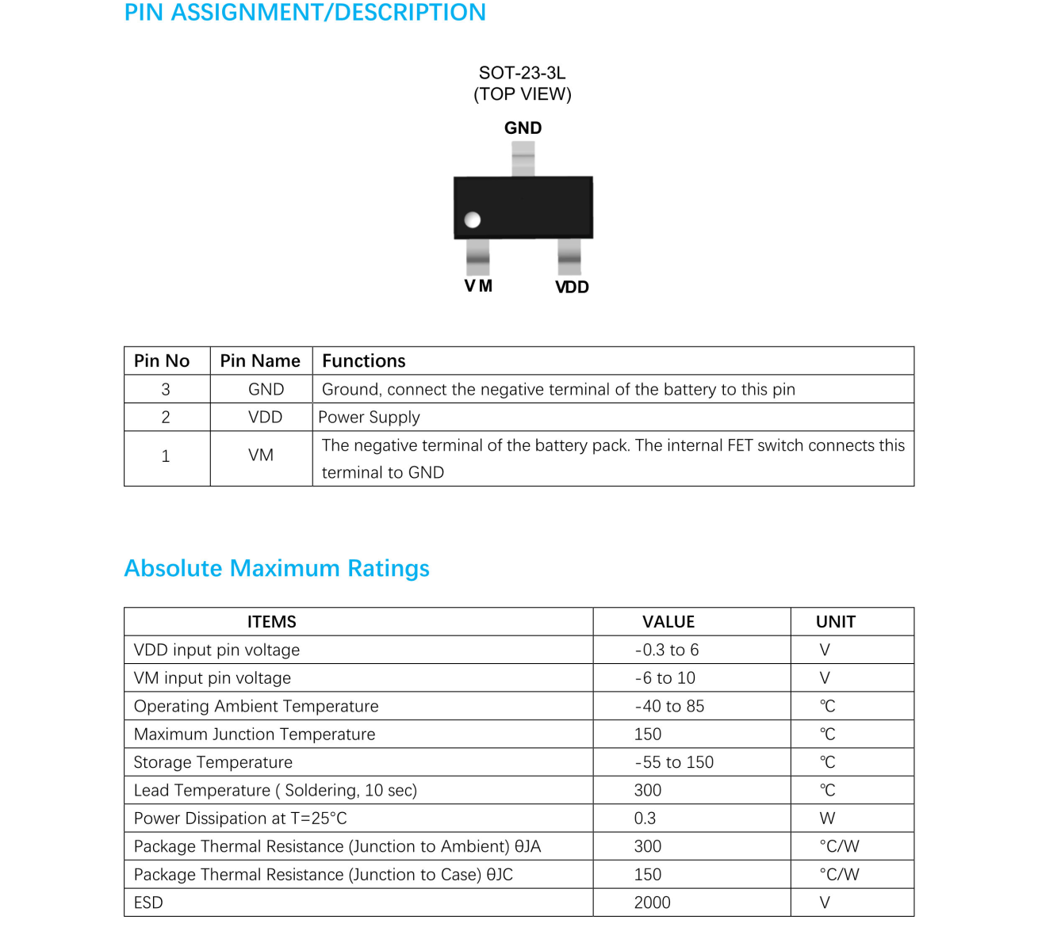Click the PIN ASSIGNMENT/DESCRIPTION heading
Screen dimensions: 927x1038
[305, 13]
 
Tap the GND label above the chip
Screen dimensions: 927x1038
[523, 128]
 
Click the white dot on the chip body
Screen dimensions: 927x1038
[473, 219]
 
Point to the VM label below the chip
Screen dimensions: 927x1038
[478, 286]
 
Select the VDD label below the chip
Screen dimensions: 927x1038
[572, 287]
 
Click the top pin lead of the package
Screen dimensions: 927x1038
[523, 158]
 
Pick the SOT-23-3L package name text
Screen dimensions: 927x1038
[522, 73]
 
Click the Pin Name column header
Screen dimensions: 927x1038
[260, 360]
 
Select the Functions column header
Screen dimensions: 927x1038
[363, 360]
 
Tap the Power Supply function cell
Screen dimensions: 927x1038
[369, 417]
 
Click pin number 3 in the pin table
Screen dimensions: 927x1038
[166, 389]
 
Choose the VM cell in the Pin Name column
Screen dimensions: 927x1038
[261, 456]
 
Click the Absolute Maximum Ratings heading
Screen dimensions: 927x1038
[277, 568]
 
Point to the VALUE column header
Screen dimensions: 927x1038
[668, 622]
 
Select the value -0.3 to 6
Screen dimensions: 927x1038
[667, 650]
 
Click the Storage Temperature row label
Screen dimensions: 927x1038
[213, 762]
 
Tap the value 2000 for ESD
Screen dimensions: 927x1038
[653, 902]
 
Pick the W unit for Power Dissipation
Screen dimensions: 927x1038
[827, 818]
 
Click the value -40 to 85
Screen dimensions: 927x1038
[670, 706]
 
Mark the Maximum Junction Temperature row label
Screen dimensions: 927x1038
[255, 734]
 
